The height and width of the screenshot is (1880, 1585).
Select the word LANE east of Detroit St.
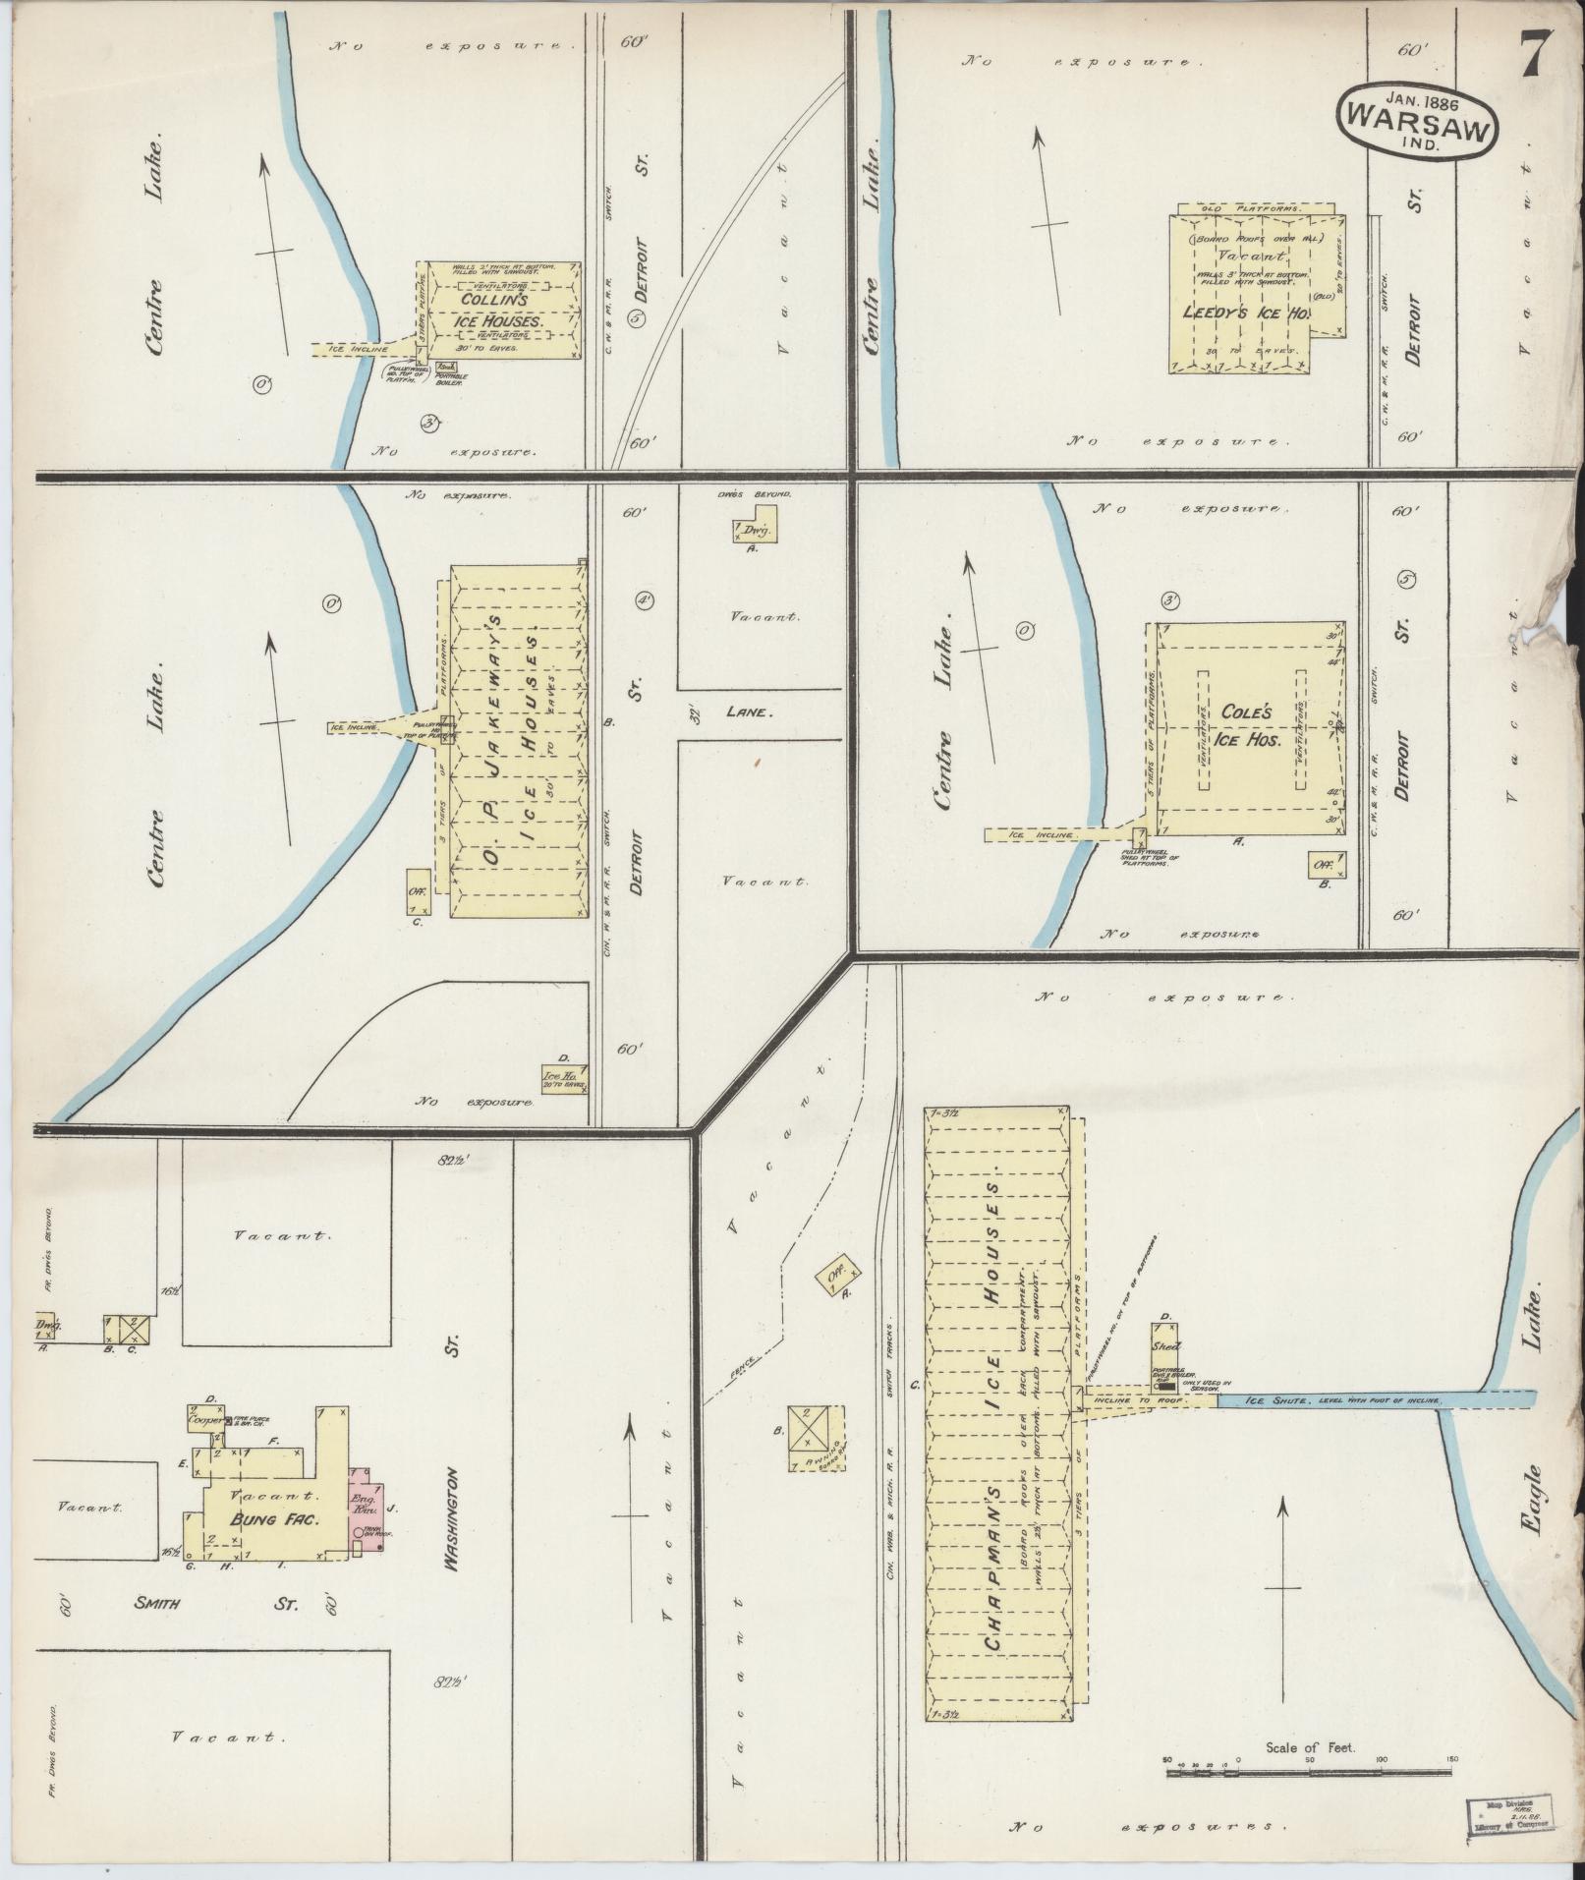(750, 712)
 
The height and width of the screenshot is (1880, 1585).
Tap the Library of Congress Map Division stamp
(1507, 1812)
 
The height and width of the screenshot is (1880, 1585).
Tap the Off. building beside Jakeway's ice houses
(418, 891)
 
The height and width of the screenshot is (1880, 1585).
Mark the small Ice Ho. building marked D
(565, 1077)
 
